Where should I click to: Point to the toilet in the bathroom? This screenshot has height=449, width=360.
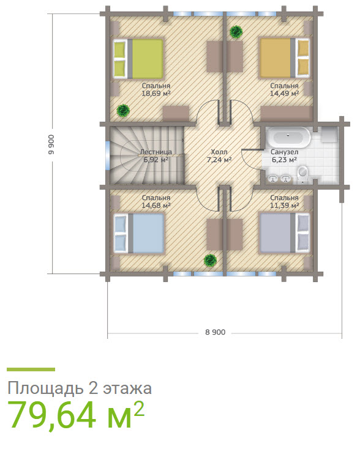303,176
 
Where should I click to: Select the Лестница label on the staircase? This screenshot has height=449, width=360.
156,150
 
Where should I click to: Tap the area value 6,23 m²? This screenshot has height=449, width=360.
284,160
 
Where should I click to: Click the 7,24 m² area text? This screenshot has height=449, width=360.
219,160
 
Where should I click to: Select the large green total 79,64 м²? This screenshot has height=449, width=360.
76,416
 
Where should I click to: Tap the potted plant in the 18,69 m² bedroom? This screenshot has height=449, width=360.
124,110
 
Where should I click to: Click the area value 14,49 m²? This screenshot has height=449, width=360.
284,94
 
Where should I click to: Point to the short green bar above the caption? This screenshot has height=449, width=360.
31,369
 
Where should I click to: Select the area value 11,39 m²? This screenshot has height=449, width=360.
284,206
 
